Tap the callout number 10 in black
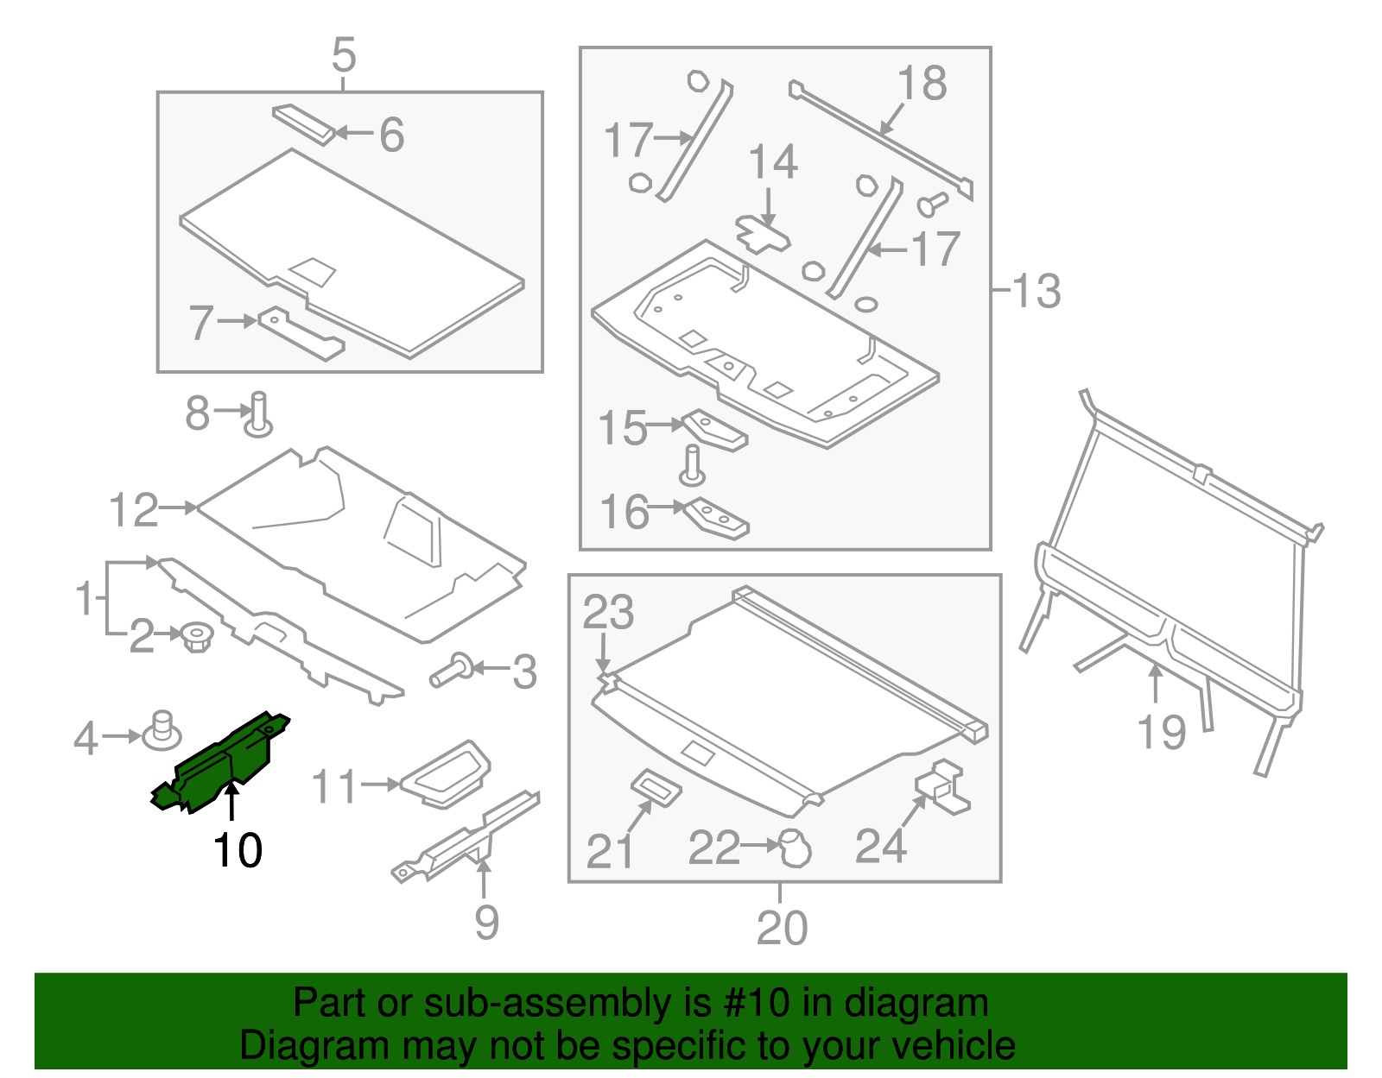pyautogui.click(x=238, y=851)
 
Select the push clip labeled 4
pyautogui.click(x=161, y=732)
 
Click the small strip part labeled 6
pyautogui.click(x=303, y=124)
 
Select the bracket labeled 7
pyautogui.click(x=301, y=334)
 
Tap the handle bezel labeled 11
pyautogui.click(x=446, y=774)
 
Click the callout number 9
pyautogui.click(x=486, y=923)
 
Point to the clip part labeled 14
pyautogui.click(x=763, y=234)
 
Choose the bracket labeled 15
pyautogui.click(x=715, y=431)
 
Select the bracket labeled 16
pyautogui.click(x=717, y=519)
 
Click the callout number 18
pyautogui.click(x=922, y=85)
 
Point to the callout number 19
pyautogui.click(x=1162, y=733)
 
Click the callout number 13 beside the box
pyautogui.click(x=1036, y=291)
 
